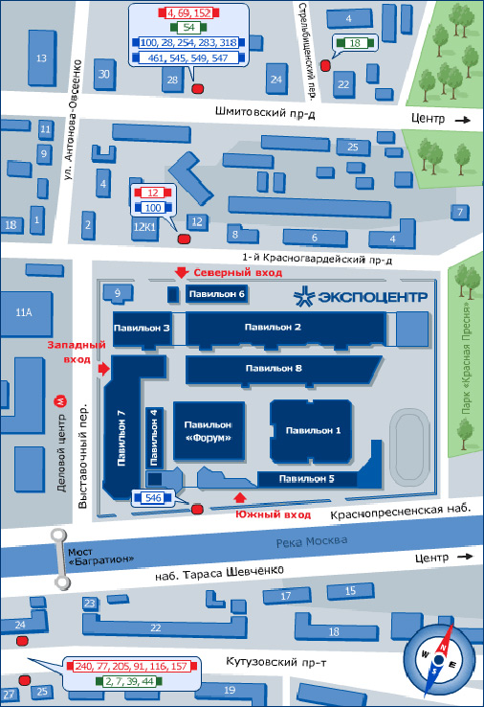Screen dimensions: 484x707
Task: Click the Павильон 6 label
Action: point(216,294)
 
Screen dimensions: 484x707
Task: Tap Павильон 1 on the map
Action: point(311,431)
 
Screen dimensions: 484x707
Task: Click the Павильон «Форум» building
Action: point(209,431)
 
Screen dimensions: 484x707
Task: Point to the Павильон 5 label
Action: point(306,479)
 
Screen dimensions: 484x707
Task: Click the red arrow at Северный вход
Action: point(182,272)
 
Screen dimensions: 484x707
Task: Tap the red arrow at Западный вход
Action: point(104,369)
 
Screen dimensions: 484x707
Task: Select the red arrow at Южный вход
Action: point(240,497)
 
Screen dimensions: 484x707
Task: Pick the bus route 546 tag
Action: point(153,498)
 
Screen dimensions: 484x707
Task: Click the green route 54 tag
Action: point(188,28)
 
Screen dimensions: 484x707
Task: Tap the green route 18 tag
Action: point(355,43)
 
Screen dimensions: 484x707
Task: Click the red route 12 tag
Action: point(153,193)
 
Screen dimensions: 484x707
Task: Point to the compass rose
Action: point(438,659)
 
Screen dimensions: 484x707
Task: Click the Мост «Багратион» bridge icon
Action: point(60,559)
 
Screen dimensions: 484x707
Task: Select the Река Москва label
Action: point(311,541)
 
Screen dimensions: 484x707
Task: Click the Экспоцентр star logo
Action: point(304,297)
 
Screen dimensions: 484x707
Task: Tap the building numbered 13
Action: point(42,57)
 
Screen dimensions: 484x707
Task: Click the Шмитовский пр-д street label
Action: point(265,112)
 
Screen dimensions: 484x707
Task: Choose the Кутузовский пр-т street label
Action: point(276,662)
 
